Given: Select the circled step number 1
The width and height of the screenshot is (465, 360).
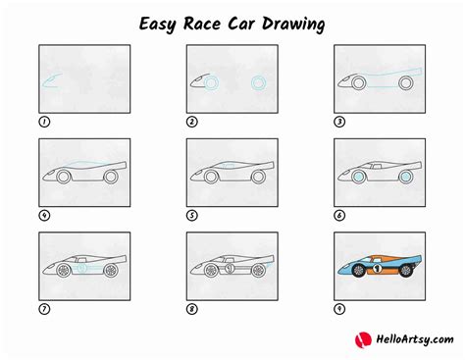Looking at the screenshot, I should click(43, 123).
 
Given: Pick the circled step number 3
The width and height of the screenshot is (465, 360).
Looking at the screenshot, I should click(339, 123).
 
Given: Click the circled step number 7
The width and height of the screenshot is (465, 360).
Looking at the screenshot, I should click(43, 308).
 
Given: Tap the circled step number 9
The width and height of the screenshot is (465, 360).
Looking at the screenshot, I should click(339, 308).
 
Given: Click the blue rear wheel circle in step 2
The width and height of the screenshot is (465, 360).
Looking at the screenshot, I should click(259, 82).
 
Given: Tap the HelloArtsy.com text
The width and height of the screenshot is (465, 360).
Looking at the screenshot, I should click(405, 339).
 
